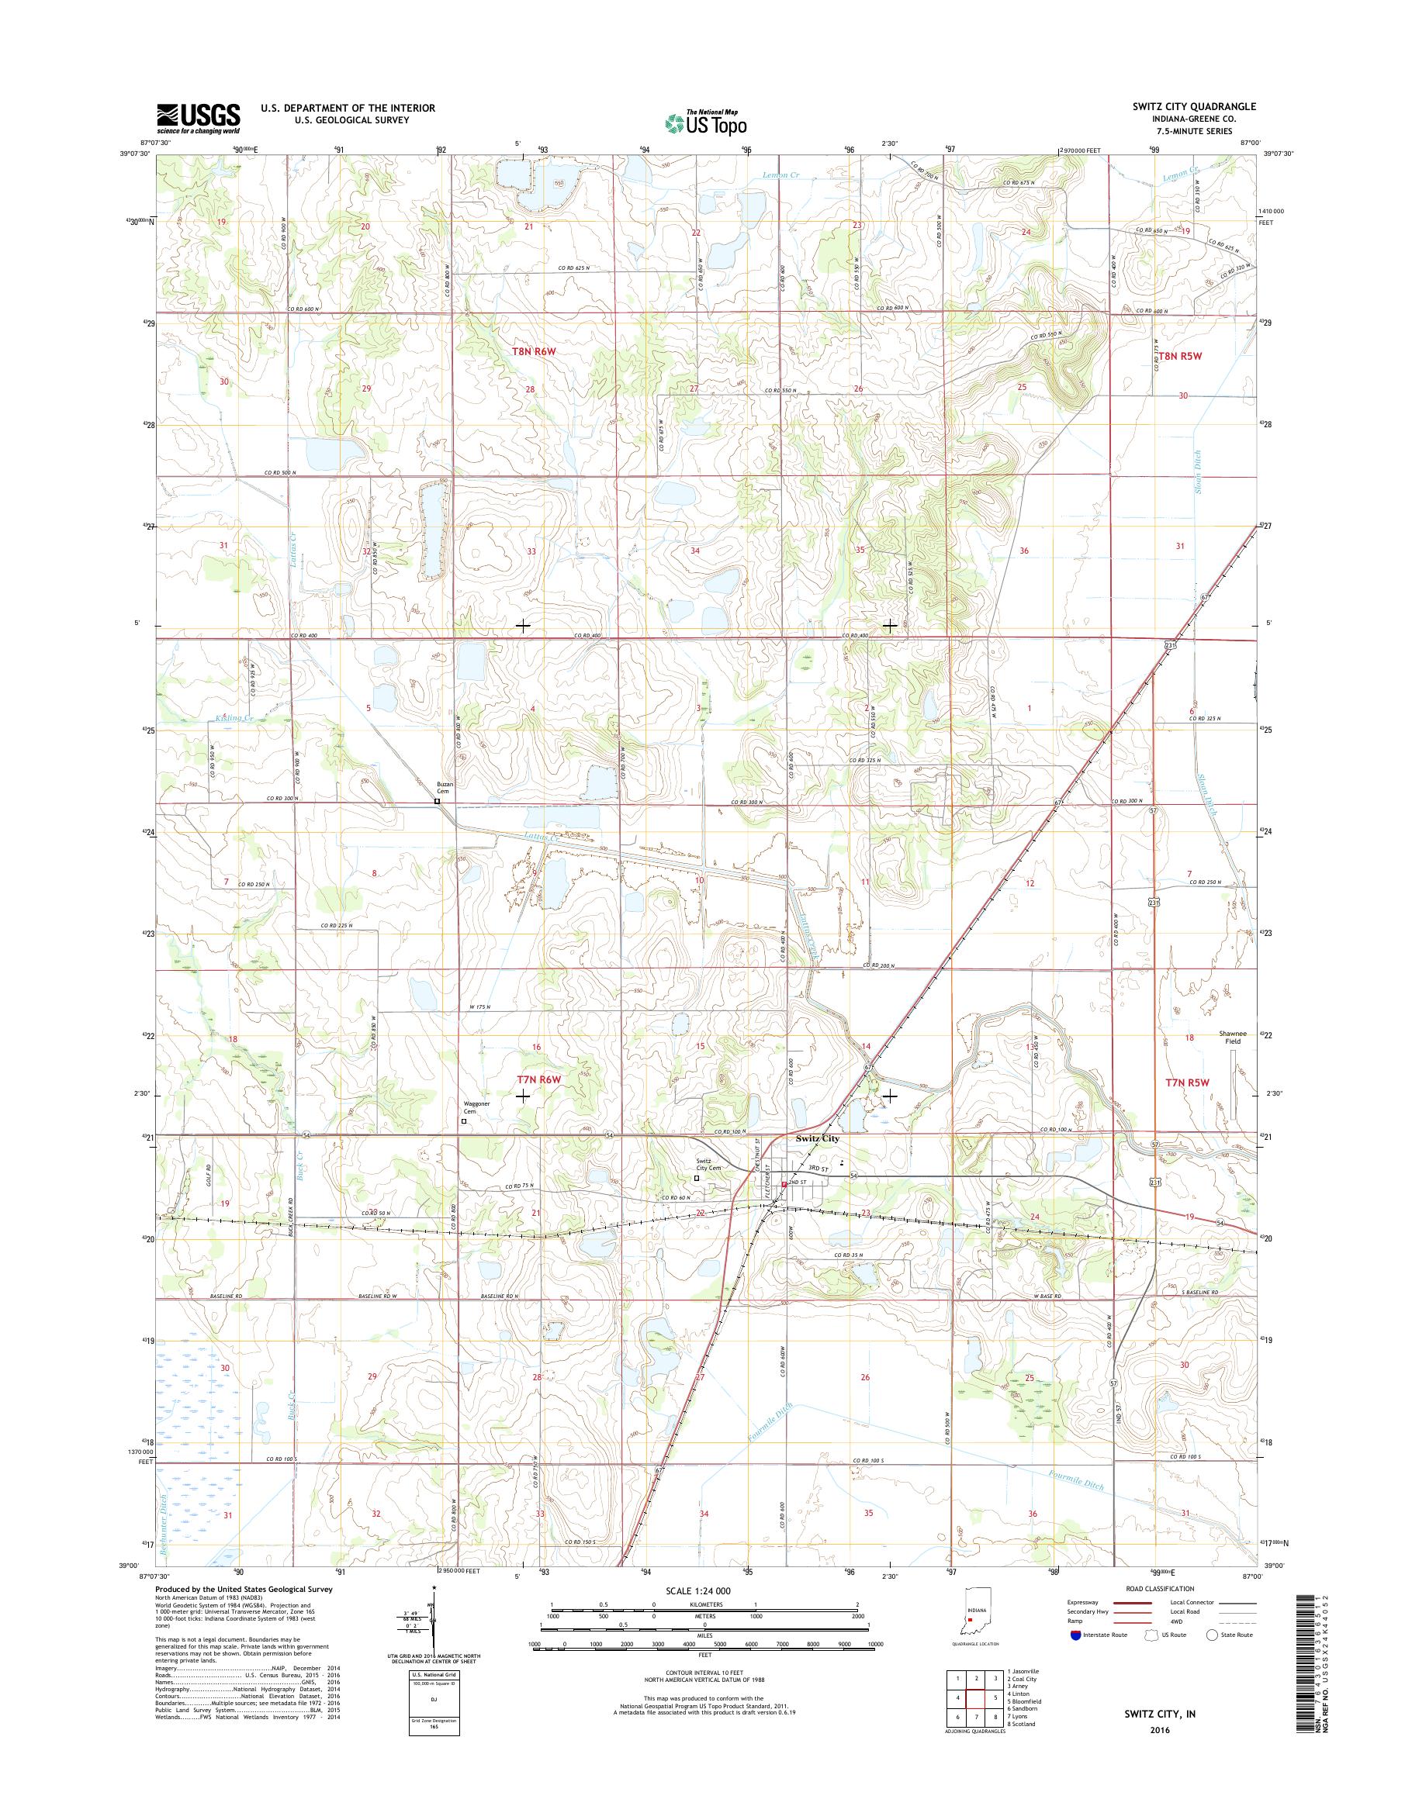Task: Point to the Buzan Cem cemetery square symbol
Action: point(438,801)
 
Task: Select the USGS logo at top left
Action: point(199,118)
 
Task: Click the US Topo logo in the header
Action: point(705,123)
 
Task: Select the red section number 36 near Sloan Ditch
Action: point(1024,551)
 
